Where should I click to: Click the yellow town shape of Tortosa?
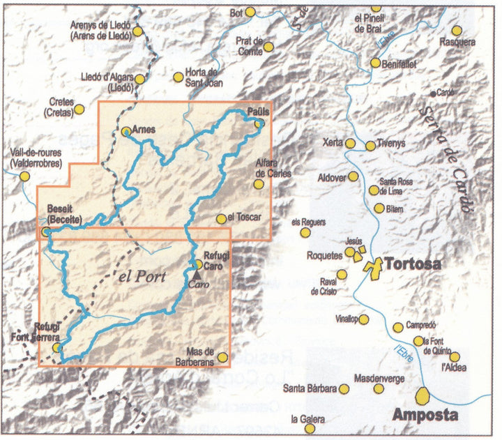(376, 266)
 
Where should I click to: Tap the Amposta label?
(425, 416)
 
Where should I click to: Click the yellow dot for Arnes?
(126, 130)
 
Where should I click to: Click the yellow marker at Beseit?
(46, 231)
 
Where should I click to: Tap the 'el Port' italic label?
(142, 276)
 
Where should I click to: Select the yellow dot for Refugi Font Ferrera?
(57, 347)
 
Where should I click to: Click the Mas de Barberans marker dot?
(222, 357)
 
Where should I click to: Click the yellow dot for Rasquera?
(457, 31)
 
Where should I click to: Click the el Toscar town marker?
(222, 218)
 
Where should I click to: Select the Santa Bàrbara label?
(310, 388)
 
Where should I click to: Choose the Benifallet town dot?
(376, 63)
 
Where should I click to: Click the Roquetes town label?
(324, 256)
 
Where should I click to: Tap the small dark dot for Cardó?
(433, 93)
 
